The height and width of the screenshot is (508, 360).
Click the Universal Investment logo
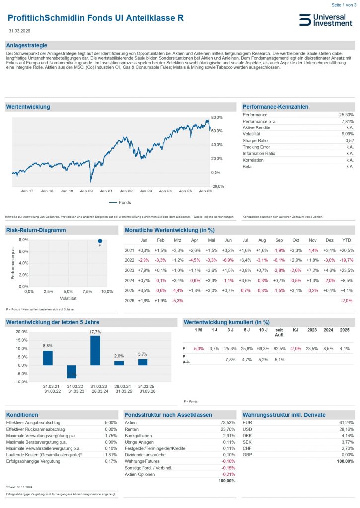[x=325, y=20]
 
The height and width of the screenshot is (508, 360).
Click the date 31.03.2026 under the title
[x=19, y=31]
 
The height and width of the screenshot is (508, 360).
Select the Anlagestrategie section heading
[x=23, y=45]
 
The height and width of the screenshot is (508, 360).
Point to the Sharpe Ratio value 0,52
[x=348, y=141]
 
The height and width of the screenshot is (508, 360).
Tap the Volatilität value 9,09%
[x=347, y=134]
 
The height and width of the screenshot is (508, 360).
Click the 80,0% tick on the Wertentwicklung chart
[x=217, y=117]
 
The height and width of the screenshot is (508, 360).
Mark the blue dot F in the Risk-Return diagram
[x=100, y=241]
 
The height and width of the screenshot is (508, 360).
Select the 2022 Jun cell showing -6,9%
[x=228, y=260]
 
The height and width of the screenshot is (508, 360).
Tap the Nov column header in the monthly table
[x=312, y=240]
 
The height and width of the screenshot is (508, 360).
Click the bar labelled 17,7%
[x=95, y=350]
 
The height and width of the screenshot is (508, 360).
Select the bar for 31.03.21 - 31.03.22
[x=48, y=358]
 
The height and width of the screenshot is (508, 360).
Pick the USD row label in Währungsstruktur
[x=247, y=429]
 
